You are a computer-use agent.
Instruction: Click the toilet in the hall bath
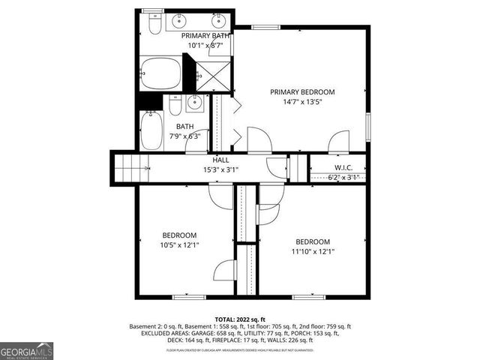tap(175, 106)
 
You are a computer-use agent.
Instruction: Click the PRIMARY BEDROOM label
tap(302, 92)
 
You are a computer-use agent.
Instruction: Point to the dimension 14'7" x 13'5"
tap(302, 103)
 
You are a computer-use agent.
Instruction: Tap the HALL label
tap(220, 160)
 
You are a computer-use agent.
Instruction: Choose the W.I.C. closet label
tap(343, 167)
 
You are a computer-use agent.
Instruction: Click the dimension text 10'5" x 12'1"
tap(178, 244)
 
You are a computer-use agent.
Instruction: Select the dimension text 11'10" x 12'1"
tap(312, 252)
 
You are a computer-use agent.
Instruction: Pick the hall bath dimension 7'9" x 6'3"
tap(184, 136)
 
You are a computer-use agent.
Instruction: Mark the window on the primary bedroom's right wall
tap(367, 126)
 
